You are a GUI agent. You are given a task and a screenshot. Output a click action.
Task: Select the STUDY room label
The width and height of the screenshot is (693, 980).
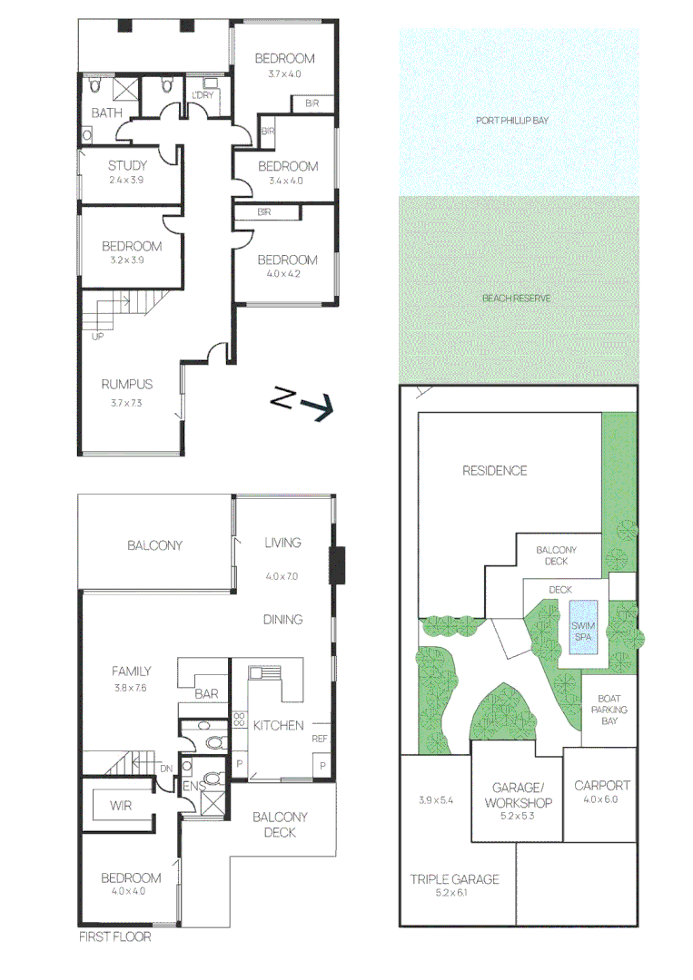pyautogui.click(x=127, y=166)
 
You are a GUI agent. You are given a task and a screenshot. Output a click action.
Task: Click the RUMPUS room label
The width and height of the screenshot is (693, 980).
pyautogui.click(x=126, y=385)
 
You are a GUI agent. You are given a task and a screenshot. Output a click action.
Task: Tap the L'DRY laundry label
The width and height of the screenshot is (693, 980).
pyautogui.click(x=203, y=94)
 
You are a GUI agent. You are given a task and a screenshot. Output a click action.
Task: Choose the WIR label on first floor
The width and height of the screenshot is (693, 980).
pyautogui.click(x=122, y=805)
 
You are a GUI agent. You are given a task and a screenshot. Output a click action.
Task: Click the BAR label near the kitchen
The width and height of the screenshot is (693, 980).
pyautogui.click(x=206, y=693)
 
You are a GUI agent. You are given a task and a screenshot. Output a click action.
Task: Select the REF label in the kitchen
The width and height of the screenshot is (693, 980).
pyautogui.click(x=319, y=739)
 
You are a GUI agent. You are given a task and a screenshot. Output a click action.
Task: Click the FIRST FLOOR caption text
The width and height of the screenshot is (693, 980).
pyautogui.click(x=114, y=936)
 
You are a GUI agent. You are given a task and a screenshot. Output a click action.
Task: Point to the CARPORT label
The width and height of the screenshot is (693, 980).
pyautogui.click(x=602, y=786)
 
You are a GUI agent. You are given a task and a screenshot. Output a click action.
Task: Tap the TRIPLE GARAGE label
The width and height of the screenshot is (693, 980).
pyautogui.click(x=454, y=879)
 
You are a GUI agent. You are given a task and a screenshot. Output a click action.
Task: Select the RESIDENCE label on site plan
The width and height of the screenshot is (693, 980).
pyautogui.click(x=494, y=470)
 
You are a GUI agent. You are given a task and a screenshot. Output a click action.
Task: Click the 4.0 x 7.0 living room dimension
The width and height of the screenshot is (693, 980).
pyautogui.click(x=282, y=576)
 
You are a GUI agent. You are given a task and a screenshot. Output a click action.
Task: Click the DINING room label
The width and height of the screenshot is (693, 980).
pyautogui.click(x=283, y=620)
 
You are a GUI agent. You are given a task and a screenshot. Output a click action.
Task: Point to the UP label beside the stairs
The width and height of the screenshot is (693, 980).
pyautogui.click(x=96, y=336)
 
